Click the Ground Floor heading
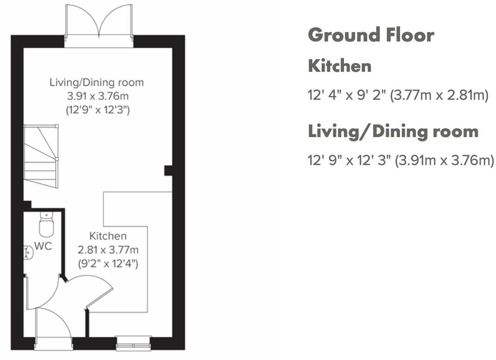[371, 35]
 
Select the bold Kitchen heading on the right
[340, 66]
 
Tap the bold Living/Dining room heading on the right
[393, 131]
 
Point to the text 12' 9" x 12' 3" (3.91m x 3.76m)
[400, 160]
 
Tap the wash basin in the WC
[27, 252]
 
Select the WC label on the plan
[43, 246]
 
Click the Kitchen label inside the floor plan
[108, 236]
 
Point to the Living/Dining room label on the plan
[97, 83]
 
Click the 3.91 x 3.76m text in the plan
[97, 97]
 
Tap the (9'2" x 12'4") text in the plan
[108, 263]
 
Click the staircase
[41, 156]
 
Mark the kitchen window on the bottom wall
[133, 344]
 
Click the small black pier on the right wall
[168, 170]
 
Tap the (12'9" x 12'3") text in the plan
[97, 111]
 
